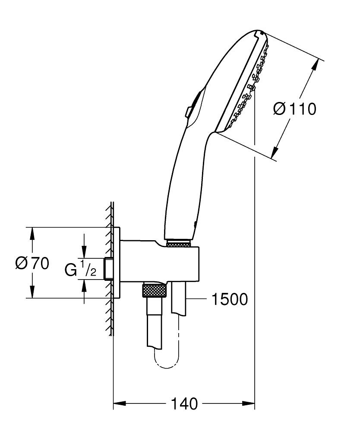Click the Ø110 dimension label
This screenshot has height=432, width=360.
pos(295,109)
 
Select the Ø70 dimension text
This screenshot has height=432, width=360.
pos(32,263)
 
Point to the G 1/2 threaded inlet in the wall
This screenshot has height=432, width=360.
pos(108,269)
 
